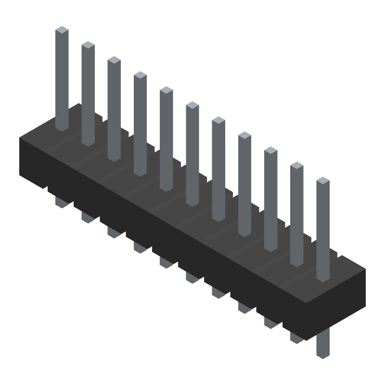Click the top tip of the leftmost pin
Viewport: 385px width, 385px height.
[62, 30]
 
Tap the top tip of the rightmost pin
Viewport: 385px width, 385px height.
[323, 180]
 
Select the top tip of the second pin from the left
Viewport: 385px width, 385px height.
[88, 45]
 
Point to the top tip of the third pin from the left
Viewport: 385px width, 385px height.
[114, 60]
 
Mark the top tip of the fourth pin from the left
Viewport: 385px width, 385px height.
[140, 75]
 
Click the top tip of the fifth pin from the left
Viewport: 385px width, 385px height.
[166, 90]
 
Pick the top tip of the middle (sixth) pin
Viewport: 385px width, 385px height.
[192, 105]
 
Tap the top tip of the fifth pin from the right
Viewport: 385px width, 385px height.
[218, 120]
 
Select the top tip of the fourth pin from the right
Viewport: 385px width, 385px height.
[244, 135]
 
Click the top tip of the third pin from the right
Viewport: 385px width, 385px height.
[270, 150]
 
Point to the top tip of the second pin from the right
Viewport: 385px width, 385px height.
[297, 165]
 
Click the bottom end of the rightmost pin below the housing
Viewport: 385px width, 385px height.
[323, 354]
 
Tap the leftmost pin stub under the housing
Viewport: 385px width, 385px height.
[62, 202]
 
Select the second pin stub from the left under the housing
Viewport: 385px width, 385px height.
[88, 217]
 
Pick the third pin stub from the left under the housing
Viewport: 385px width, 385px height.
[114, 232]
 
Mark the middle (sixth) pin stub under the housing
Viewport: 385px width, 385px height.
[192, 277]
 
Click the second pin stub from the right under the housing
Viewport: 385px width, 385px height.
[296, 337]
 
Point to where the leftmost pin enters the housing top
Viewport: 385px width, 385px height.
[62, 128]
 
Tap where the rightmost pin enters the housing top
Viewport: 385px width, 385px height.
[323, 279]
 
